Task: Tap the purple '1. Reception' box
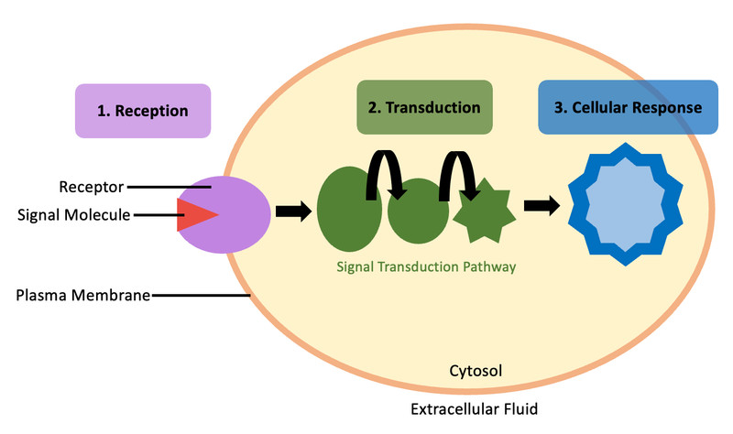pyautogui.click(x=143, y=111)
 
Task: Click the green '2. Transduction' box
pyautogui.click(x=424, y=107)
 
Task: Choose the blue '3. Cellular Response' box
pyautogui.click(x=628, y=107)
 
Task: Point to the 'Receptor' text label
pyautogui.click(x=91, y=187)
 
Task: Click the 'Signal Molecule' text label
pyautogui.click(x=74, y=215)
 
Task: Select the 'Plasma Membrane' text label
pyautogui.click(x=83, y=295)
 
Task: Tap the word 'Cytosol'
pyautogui.click(x=476, y=371)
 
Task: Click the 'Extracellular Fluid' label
pyautogui.click(x=474, y=409)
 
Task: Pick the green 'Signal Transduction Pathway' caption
pyautogui.click(x=426, y=266)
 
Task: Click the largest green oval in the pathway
pyautogui.click(x=349, y=209)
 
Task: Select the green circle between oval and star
pyautogui.click(x=418, y=212)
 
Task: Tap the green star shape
pyautogui.click(x=485, y=212)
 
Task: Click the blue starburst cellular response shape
pyautogui.click(x=626, y=204)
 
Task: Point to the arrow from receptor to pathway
pyautogui.click(x=293, y=212)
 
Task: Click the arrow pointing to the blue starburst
pyautogui.click(x=542, y=205)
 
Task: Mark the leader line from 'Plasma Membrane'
pyautogui.click(x=202, y=295)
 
